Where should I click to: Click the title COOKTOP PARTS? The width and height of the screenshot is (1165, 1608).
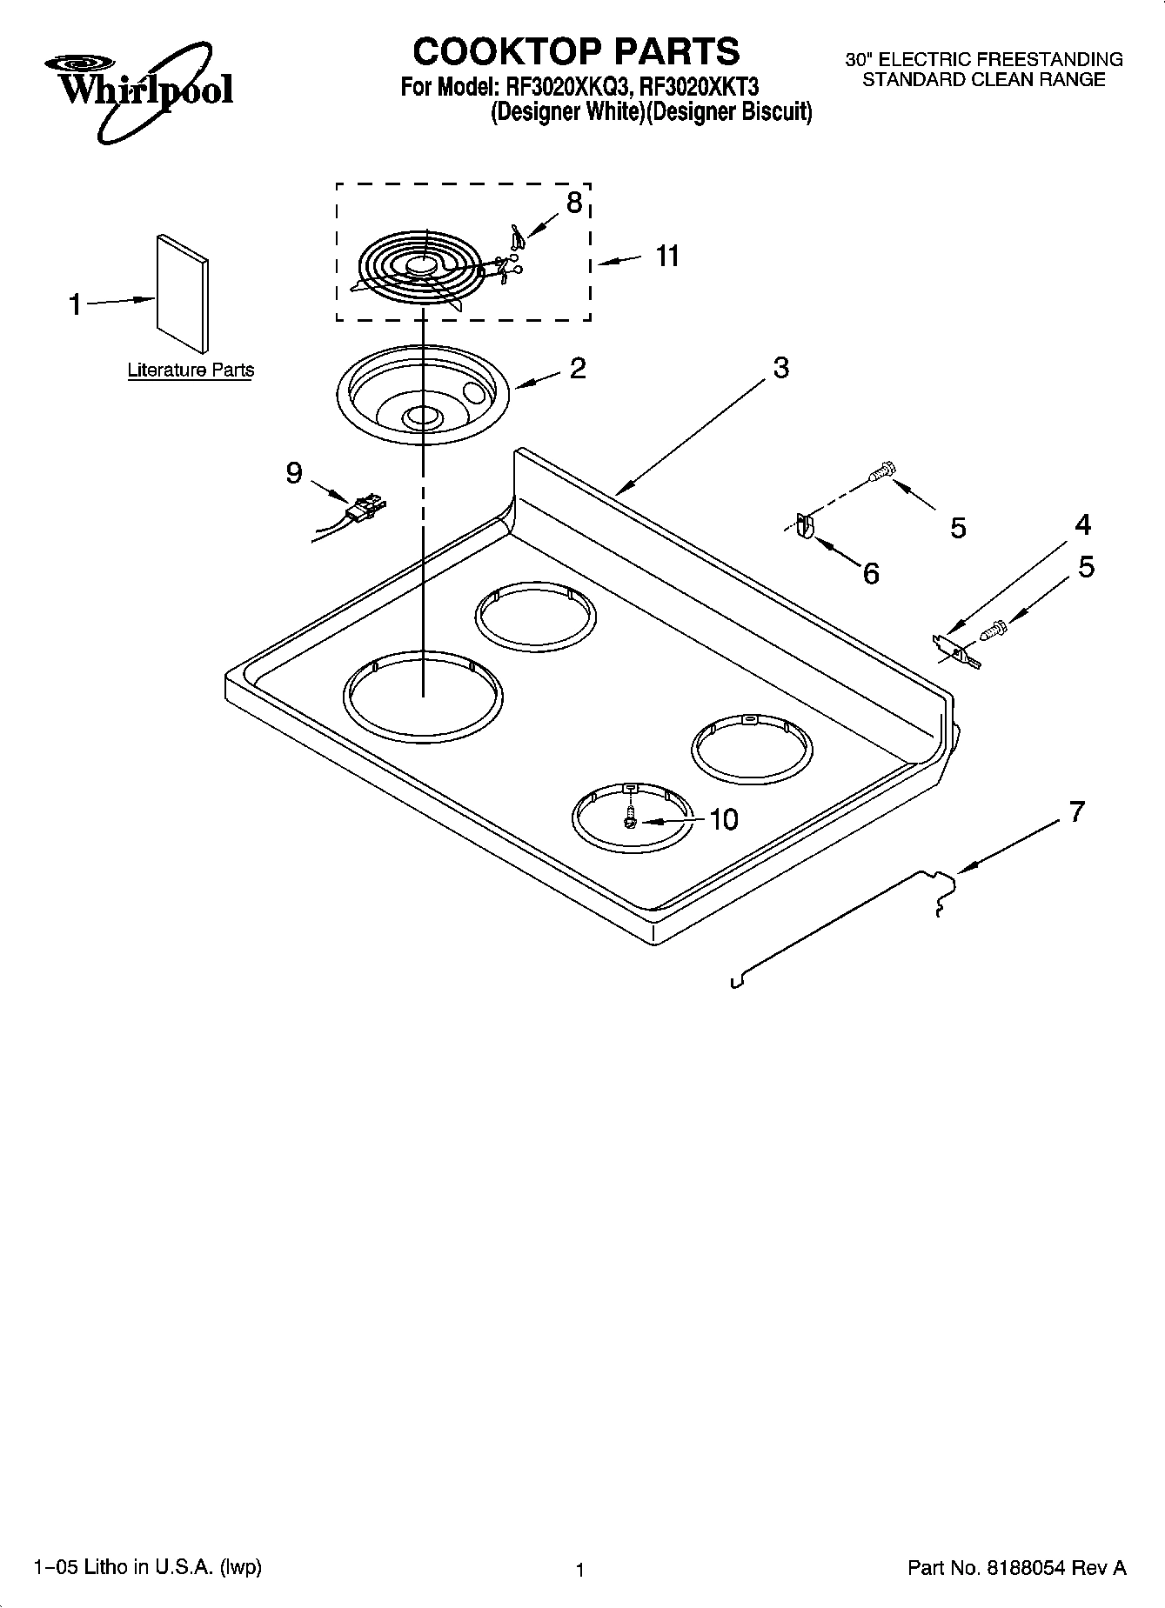[576, 51]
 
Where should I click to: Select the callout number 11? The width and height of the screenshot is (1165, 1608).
[667, 257]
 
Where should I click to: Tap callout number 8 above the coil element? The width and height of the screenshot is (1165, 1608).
[573, 203]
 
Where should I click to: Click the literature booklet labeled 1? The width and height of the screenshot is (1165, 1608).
[183, 295]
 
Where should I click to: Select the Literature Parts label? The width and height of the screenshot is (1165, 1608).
[191, 370]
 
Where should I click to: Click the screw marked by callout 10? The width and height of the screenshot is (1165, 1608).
[631, 819]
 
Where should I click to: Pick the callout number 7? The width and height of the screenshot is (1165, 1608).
[1077, 811]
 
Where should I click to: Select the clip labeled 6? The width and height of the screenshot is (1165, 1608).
[804, 527]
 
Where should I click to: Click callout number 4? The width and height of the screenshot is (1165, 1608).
[1082, 524]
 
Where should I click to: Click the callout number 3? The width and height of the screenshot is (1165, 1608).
[780, 368]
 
